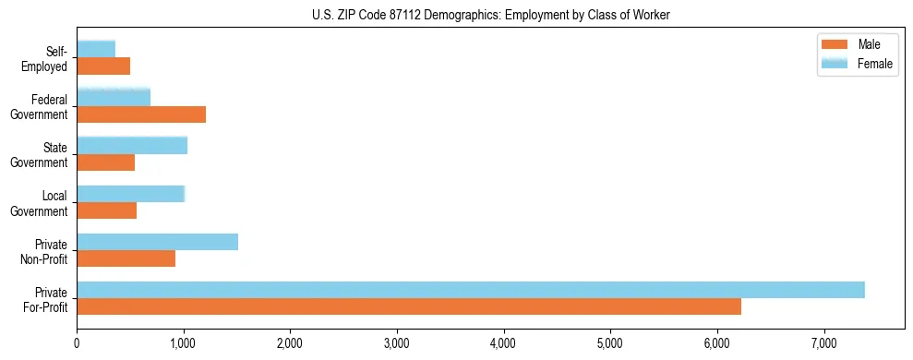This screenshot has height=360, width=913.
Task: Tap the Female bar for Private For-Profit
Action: [x=470, y=290]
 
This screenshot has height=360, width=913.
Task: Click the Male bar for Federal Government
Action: [x=141, y=114]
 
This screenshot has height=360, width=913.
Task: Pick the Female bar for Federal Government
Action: [x=114, y=97]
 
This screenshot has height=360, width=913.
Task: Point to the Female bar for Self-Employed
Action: [x=96, y=49]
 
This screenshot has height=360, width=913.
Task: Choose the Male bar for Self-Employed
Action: [x=103, y=66]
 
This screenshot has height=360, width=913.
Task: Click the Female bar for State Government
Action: [x=132, y=145]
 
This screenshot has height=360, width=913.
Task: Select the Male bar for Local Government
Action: [x=106, y=210]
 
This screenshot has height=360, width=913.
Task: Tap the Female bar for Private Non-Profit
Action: [x=157, y=242]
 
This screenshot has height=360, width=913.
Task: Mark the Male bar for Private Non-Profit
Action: [x=126, y=258]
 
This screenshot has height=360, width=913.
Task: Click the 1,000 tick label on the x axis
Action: [x=184, y=343]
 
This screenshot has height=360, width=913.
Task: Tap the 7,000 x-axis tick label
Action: [x=823, y=343]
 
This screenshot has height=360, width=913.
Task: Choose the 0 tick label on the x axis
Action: [x=77, y=343]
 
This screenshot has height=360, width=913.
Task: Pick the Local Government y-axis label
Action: [x=41, y=203]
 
